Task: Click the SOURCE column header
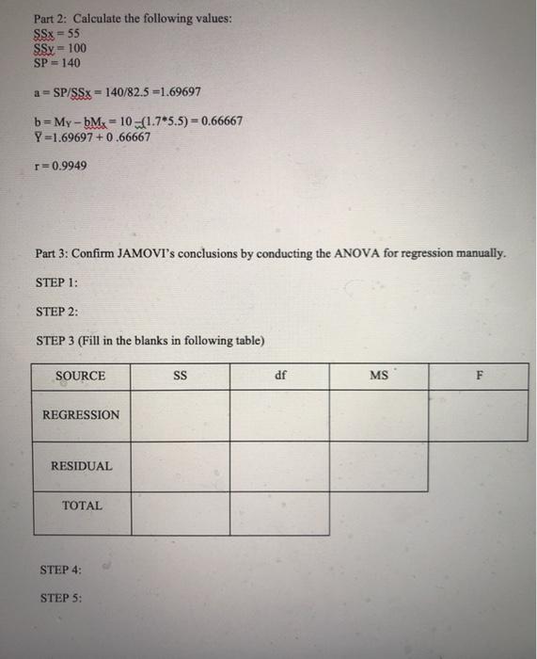tap(81, 376)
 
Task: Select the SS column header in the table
tap(181, 376)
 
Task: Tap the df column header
tap(280, 376)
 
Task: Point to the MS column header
tap(379, 376)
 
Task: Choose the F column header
tap(479, 376)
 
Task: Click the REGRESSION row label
tap(81, 414)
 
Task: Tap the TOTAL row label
tap(82, 506)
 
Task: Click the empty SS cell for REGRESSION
tap(181, 415)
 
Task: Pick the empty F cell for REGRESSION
tap(479, 415)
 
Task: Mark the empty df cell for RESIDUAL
tap(280, 466)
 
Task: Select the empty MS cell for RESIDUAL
tap(379, 466)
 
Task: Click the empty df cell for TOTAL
tap(280, 513)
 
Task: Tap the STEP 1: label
tap(58, 282)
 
